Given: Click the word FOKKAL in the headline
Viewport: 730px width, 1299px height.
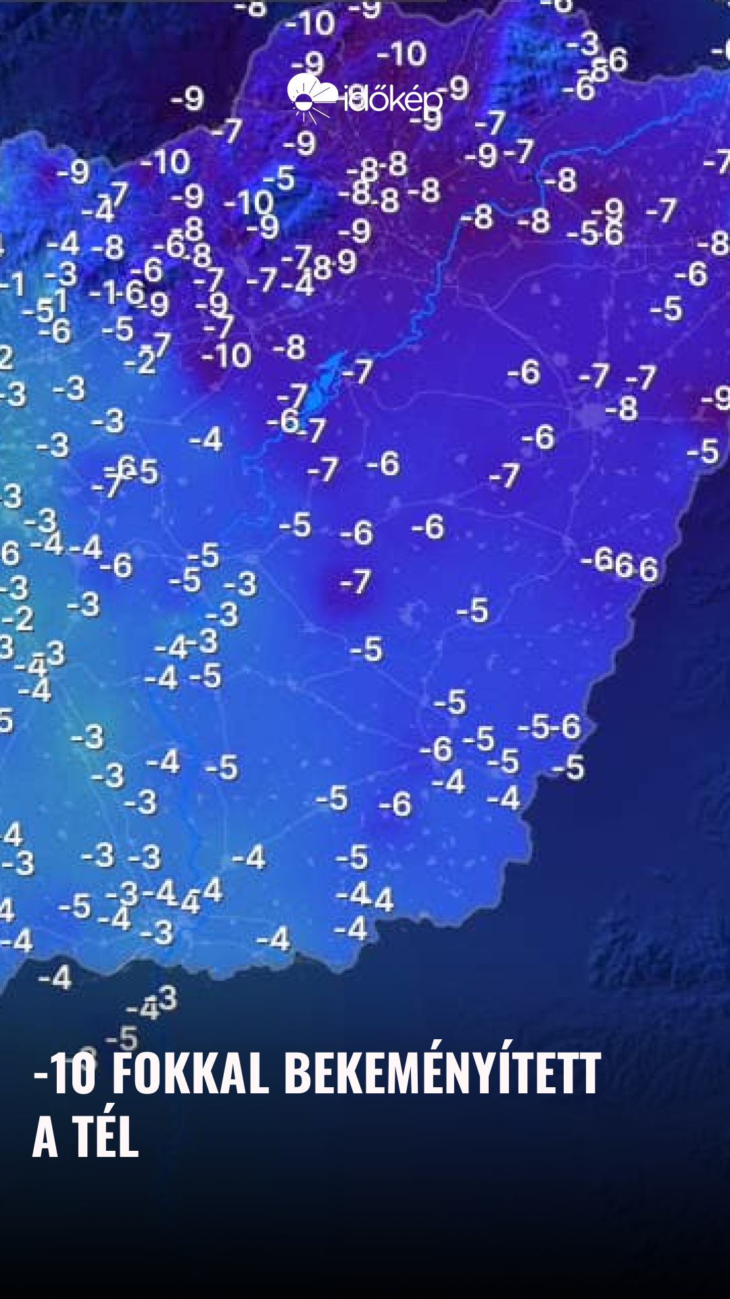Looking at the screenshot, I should [x=190, y=1074].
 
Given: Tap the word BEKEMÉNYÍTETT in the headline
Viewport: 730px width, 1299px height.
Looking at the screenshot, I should [x=442, y=1074].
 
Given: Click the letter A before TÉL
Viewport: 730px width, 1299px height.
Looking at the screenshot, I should [x=45, y=1138].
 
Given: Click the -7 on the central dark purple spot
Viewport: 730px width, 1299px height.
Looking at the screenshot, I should [x=356, y=582].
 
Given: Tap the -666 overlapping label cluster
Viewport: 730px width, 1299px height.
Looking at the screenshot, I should [x=619, y=564].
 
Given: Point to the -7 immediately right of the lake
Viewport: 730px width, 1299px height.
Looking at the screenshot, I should [x=358, y=371].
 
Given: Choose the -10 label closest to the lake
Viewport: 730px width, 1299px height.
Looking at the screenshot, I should [x=226, y=355].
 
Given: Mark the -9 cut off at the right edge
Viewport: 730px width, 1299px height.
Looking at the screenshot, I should [x=716, y=398].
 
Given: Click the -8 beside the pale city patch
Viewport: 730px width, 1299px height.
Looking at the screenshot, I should [x=621, y=409].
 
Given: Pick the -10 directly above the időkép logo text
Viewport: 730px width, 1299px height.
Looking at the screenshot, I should [x=401, y=53].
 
